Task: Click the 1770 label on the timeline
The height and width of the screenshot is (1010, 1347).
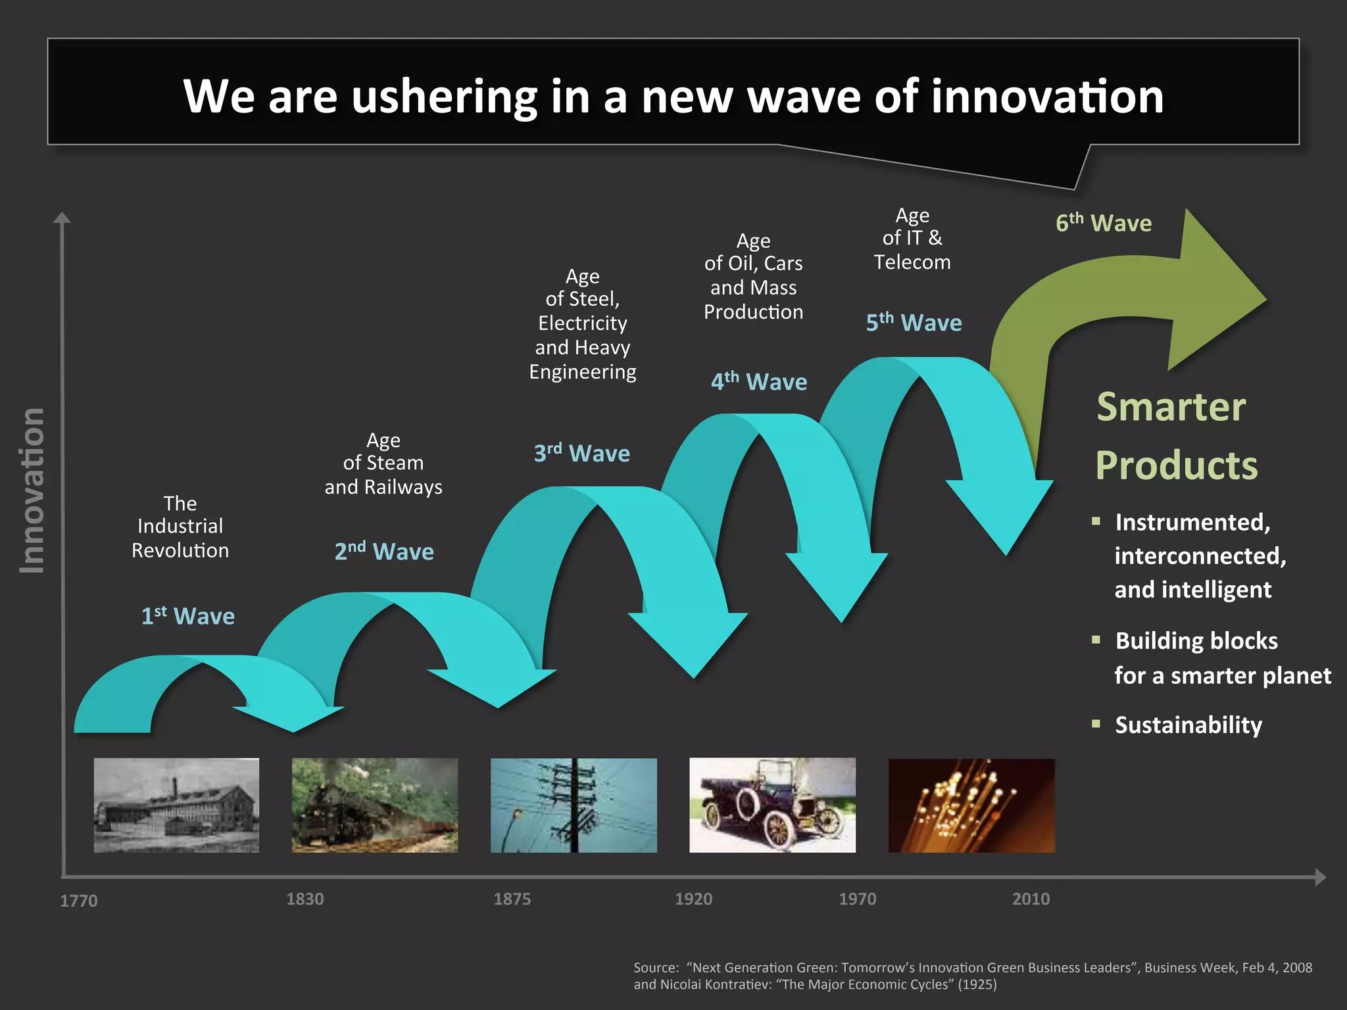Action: [x=78, y=900]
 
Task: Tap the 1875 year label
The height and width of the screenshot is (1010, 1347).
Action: [x=512, y=899]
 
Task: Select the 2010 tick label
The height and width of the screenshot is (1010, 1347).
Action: [x=1030, y=899]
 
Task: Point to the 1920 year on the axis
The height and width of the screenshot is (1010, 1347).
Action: [x=693, y=899]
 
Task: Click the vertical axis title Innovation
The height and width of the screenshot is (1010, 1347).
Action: [x=32, y=491]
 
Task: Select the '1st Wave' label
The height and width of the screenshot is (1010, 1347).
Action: [x=188, y=616]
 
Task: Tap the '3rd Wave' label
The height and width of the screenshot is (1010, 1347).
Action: [x=581, y=453]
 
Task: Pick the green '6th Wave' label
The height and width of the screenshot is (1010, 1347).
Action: [x=1103, y=223]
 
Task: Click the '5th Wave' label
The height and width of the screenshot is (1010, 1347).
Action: [x=914, y=322]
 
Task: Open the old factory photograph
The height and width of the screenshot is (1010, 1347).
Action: [x=176, y=805]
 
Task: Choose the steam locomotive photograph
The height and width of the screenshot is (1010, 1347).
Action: [x=374, y=805]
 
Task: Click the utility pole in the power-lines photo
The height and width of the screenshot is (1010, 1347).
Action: [x=574, y=805]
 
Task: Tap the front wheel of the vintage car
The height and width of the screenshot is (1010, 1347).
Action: [x=779, y=831]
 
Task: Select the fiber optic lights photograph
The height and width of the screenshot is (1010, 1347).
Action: [x=971, y=805]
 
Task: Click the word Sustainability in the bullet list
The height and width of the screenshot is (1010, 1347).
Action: [x=1188, y=725]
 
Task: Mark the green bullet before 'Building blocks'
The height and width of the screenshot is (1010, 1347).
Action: [x=1096, y=640]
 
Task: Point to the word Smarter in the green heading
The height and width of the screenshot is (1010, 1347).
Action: [x=1171, y=406]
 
